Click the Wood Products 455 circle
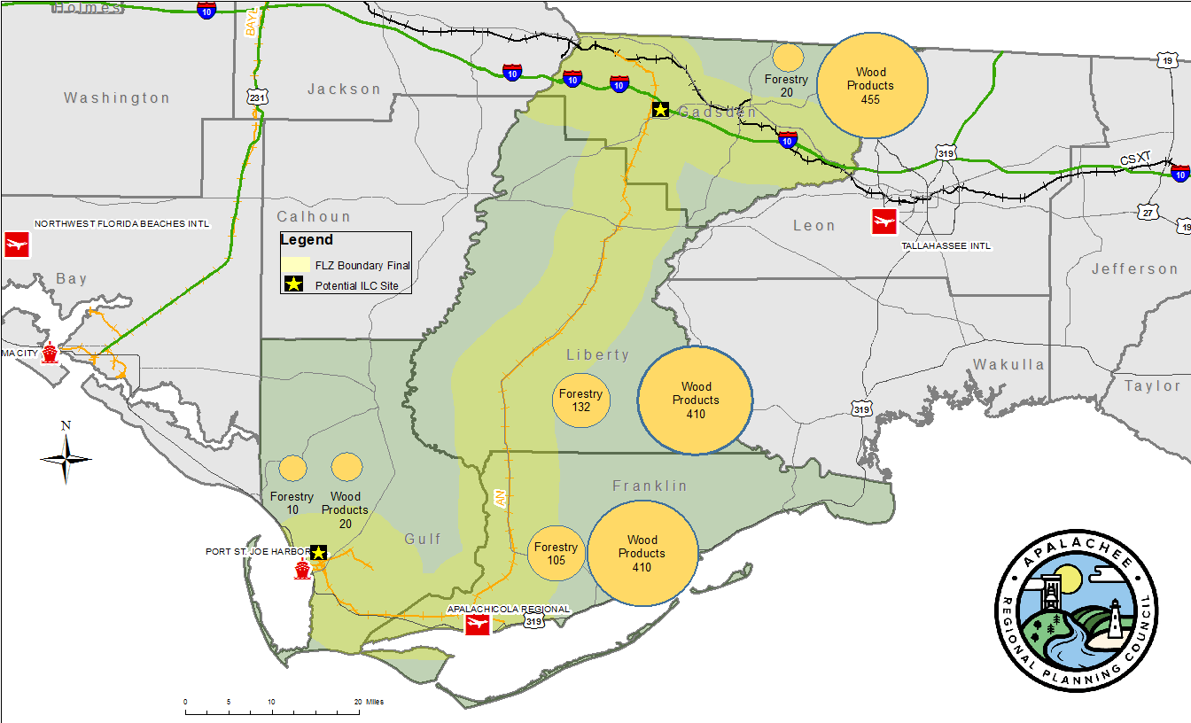point(871,85)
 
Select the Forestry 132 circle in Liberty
point(581,400)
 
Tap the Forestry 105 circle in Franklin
point(557,555)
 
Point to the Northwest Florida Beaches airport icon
point(15,243)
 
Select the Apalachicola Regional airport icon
point(478,626)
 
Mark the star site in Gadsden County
point(660,110)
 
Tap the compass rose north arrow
point(66,456)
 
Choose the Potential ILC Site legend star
point(294,285)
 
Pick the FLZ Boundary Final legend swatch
point(295,265)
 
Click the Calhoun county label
point(314,217)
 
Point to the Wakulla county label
point(1008,365)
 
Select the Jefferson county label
point(1134,269)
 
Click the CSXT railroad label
point(1135,159)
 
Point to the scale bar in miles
point(272,710)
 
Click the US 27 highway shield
point(1149,212)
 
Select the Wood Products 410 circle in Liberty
point(696,400)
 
